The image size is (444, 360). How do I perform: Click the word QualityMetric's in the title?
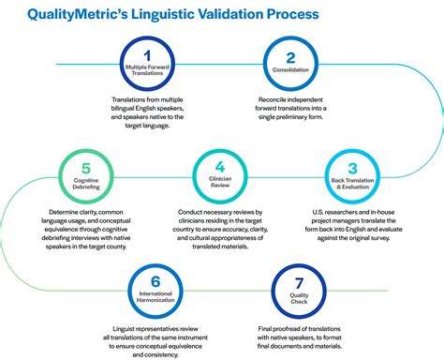coord(69,15)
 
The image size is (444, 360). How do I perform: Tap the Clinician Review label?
coord(222,185)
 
